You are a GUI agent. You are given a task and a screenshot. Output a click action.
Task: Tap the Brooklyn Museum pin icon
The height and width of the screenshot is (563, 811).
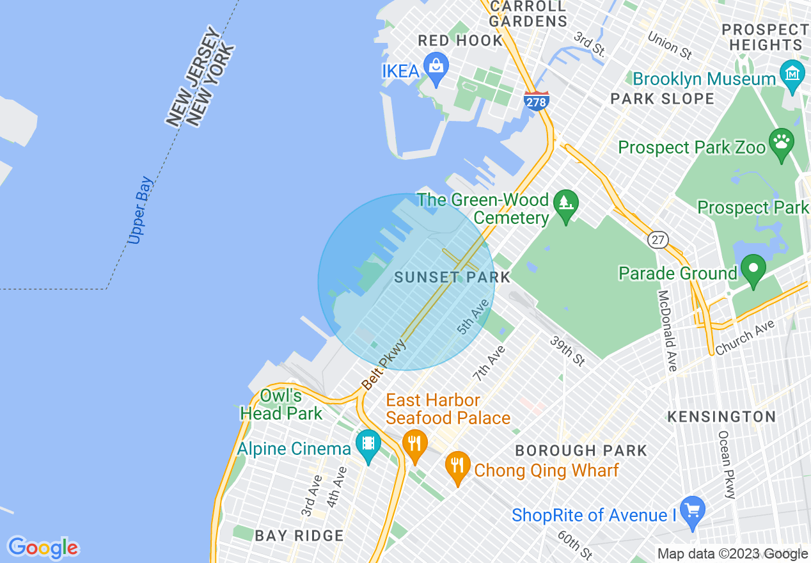tap(792, 73)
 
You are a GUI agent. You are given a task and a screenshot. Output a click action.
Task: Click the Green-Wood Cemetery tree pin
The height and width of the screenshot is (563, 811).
tap(565, 205)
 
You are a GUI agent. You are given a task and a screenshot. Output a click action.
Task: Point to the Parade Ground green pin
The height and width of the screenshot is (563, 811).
tap(753, 269)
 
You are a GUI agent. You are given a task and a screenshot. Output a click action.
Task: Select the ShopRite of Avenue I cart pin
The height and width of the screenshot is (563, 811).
tap(693, 511)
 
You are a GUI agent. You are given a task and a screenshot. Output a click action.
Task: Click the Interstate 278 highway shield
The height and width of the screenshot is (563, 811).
tap(536, 100)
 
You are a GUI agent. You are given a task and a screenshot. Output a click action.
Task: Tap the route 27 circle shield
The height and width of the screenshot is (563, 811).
tap(657, 240)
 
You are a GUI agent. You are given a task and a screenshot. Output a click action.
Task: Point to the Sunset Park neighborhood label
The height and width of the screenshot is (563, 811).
tap(452, 277)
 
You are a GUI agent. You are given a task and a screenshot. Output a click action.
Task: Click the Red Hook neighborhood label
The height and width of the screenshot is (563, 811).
tap(460, 41)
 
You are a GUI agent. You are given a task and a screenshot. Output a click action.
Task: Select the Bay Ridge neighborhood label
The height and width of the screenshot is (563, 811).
tap(299, 536)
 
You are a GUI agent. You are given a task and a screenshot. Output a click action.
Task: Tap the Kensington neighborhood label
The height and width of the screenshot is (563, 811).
tap(721, 417)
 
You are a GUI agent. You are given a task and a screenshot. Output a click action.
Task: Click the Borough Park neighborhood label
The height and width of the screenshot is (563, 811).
tap(581, 450)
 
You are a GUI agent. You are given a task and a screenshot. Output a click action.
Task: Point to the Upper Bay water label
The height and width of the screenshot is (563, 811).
tap(140, 210)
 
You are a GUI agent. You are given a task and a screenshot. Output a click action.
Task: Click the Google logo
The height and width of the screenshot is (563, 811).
tap(43, 548)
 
